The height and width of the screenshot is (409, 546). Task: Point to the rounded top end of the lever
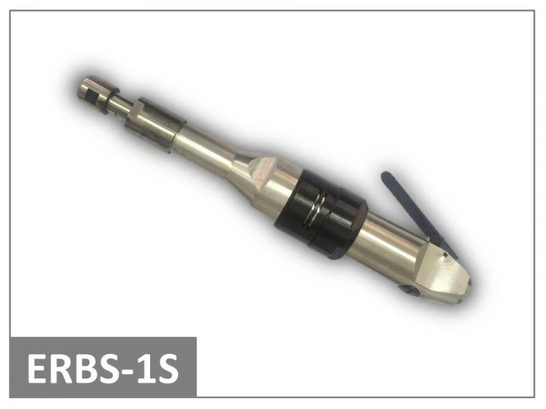click(x=386, y=176)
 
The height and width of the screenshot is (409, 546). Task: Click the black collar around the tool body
click(x=320, y=214)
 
